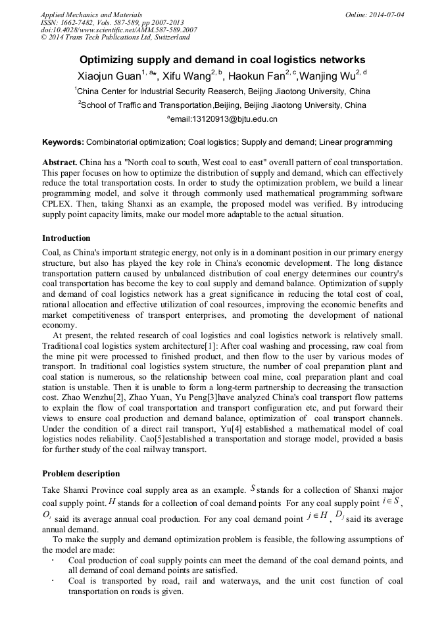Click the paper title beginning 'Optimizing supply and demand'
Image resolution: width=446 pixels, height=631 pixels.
[222, 59]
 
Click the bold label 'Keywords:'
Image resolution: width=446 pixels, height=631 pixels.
[63, 142]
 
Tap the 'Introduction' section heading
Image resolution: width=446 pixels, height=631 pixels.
[66, 238]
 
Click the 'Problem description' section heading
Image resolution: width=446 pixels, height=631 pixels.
[81, 473]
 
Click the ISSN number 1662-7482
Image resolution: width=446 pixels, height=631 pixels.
[77, 22]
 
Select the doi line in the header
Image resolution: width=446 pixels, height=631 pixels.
[118, 30]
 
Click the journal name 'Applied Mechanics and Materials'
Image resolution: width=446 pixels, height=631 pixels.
[91, 14]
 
